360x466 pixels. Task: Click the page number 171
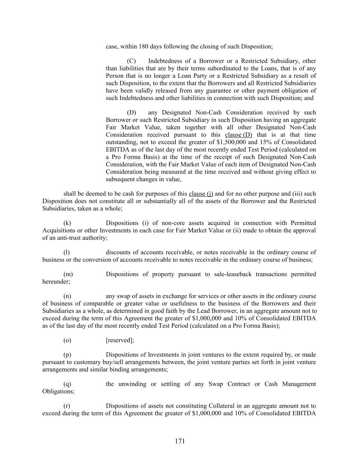tap(180, 441)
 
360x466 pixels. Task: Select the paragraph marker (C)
tap(131, 61)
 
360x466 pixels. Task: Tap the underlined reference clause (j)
tap(201, 194)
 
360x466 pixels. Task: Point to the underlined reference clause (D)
tap(239, 135)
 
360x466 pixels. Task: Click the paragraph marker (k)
tap(67, 223)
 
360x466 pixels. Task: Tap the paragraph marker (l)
tap(67, 253)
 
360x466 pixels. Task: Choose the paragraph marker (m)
tap(68, 274)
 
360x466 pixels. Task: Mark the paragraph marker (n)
tap(67, 296)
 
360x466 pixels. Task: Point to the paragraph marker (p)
tap(67, 355)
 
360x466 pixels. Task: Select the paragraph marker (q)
tap(67, 384)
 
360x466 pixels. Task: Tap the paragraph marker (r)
tap(67, 406)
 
